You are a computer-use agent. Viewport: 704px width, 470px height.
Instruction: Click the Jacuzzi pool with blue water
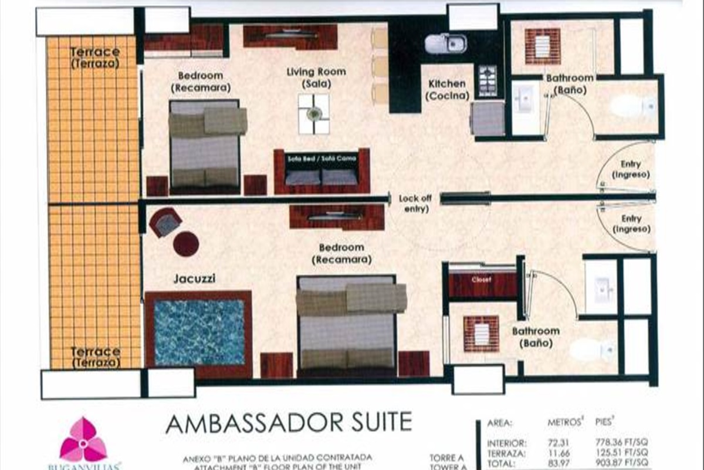click(x=198, y=333)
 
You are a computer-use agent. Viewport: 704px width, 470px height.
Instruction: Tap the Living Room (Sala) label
click(x=316, y=78)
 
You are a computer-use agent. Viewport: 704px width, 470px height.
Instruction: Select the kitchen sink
click(x=445, y=43)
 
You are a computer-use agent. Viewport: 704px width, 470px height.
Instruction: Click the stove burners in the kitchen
click(x=487, y=80)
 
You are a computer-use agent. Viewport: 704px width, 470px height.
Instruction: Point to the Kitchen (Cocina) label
click(x=448, y=90)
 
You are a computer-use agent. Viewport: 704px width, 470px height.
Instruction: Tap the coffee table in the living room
click(x=313, y=113)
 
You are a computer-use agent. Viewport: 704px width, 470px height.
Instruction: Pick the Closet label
click(x=481, y=280)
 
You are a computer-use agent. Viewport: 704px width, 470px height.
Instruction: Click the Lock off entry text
click(x=415, y=203)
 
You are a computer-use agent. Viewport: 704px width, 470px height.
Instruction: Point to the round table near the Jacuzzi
click(x=186, y=243)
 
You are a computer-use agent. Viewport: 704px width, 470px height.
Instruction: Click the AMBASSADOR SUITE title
click(x=289, y=423)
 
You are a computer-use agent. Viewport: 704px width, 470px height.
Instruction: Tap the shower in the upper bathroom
click(x=542, y=46)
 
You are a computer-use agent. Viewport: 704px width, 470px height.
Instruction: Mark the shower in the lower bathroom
click(x=480, y=333)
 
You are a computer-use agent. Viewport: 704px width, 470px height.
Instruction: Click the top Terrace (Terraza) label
click(x=94, y=58)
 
